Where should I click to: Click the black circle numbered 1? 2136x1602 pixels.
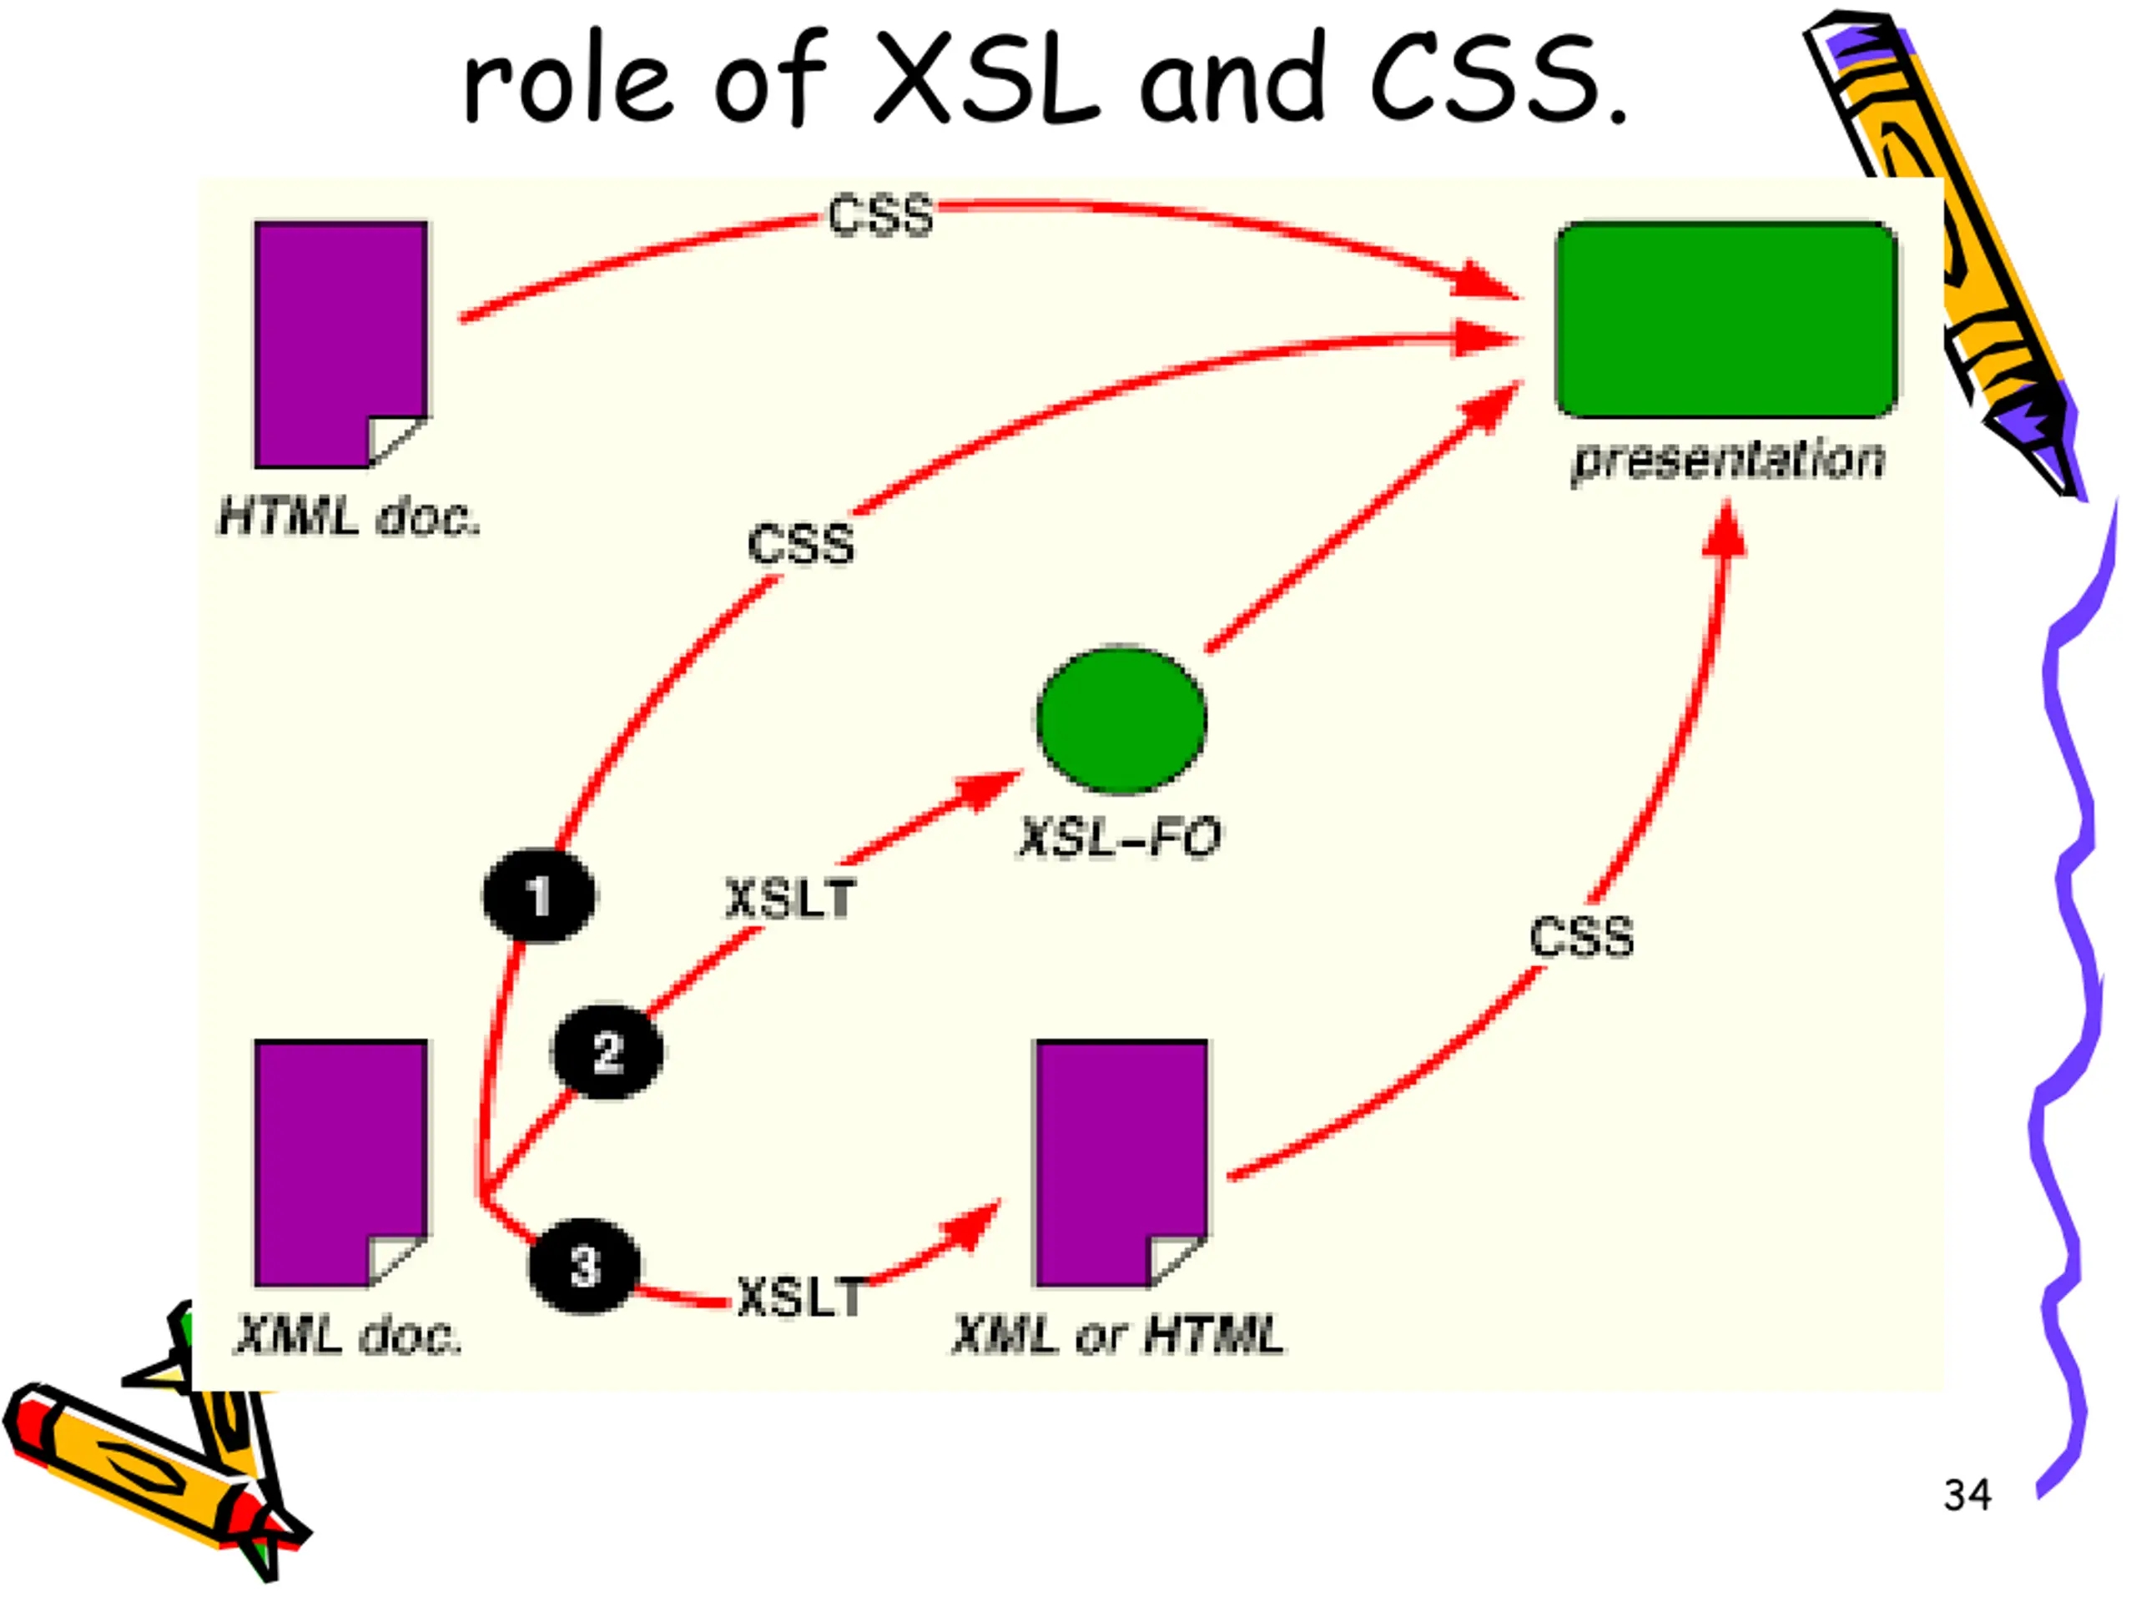(x=539, y=895)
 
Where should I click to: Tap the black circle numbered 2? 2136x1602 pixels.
(x=607, y=1051)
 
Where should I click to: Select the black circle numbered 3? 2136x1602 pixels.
(x=584, y=1266)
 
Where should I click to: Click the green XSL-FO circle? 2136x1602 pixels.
(x=1121, y=719)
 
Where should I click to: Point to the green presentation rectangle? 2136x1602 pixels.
(x=1726, y=320)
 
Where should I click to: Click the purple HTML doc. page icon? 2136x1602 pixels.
(x=341, y=345)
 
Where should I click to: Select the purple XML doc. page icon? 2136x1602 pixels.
(x=341, y=1164)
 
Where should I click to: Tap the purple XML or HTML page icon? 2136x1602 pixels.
(x=1121, y=1164)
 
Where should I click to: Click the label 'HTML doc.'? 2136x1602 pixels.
(x=349, y=516)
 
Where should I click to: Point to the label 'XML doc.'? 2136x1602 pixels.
(x=348, y=1336)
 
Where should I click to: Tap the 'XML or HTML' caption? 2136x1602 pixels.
(x=1118, y=1336)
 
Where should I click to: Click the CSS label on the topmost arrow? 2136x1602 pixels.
(x=880, y=214)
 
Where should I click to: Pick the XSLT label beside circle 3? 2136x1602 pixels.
(x=802, y=1297)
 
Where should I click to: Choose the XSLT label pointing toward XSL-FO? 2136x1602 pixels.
(x=791, y=899)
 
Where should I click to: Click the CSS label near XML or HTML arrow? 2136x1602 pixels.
(x=1582, y=937)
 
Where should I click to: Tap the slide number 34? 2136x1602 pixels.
(x=1967, y=1495)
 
